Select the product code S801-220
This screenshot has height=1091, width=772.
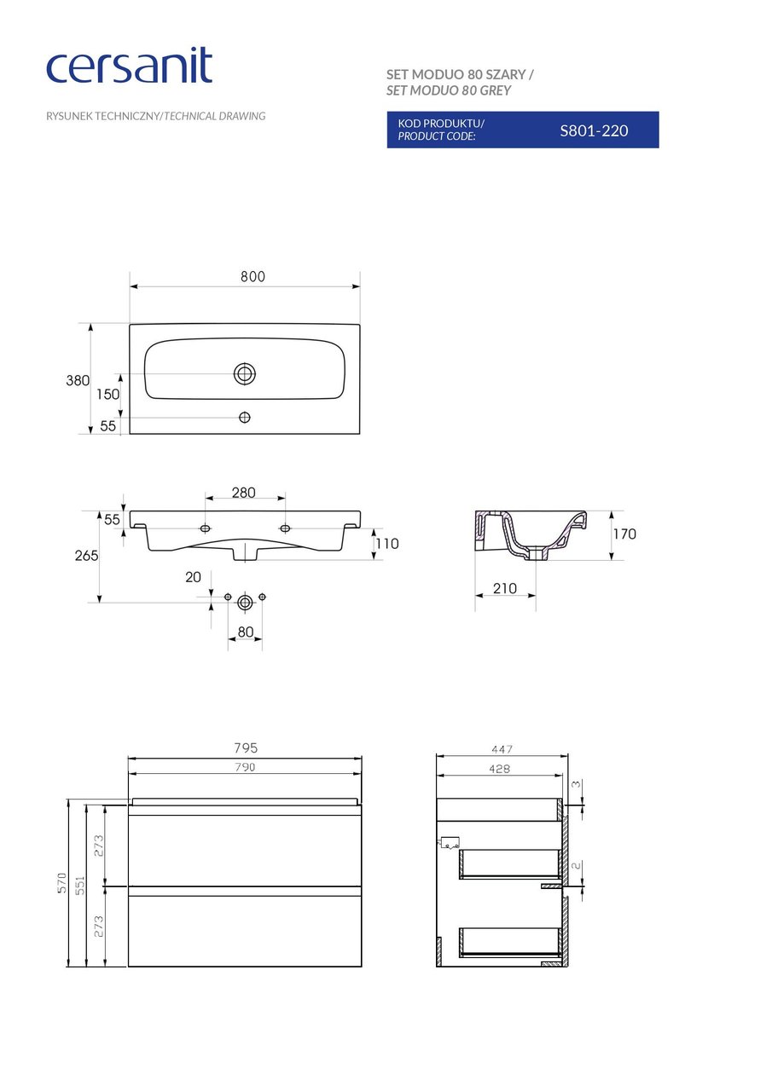tap(594, 130)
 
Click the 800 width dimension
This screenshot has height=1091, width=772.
tap(252, 277)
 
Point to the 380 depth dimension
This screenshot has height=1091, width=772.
tap(78, 380)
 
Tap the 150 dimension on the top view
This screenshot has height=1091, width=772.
tap(107, 394)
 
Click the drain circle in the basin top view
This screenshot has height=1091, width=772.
tap(245, 373)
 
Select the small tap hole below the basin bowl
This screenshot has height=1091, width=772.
tap(245, 417)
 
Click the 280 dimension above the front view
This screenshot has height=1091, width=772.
tap(244, 493)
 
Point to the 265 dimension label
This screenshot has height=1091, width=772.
tap(86, 555)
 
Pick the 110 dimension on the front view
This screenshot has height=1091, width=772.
tap(387, 544)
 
